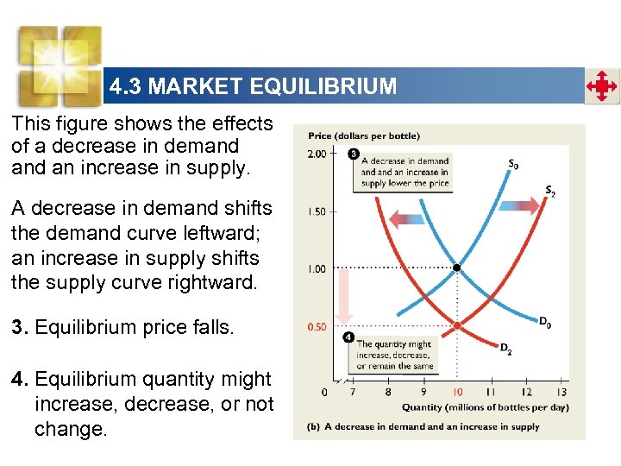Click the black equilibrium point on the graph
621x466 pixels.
[456, 268]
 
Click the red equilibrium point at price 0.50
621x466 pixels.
[457, 325]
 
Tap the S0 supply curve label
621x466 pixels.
[513, 163]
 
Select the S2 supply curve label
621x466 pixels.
[549, 191]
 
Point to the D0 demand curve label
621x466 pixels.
[545, 322]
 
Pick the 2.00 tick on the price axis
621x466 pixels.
[317, 154]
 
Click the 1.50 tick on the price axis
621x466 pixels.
[317, 211]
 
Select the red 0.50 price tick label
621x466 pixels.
[317, 326]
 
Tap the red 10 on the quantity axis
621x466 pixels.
[457, 393]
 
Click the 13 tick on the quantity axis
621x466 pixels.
[562, 393]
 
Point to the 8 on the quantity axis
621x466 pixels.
[387, 393]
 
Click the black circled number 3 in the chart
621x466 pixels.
[354, 154]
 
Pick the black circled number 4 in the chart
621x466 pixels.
[348, 336]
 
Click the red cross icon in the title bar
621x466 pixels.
[601, 86]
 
